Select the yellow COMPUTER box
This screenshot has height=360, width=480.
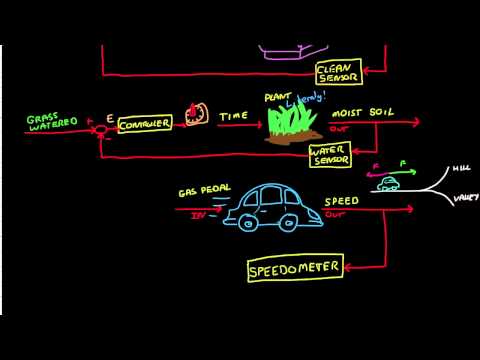145,123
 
